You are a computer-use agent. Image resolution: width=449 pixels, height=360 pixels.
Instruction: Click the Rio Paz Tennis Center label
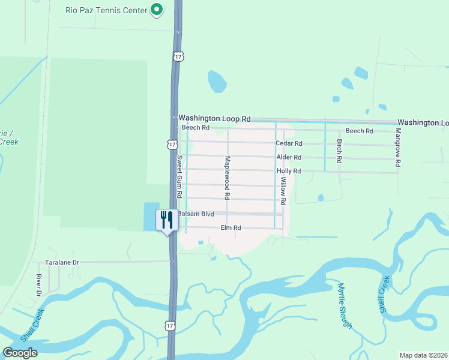(106, 10)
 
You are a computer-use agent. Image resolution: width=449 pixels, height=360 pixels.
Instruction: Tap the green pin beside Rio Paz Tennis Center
(157, 10)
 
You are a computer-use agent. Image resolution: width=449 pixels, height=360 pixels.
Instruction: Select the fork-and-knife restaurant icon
(166, 220)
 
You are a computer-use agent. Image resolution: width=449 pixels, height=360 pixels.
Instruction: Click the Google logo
(20, 353)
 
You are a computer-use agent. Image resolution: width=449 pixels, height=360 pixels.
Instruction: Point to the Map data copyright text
(423, 355)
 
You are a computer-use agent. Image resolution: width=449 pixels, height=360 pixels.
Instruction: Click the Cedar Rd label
(289, 143)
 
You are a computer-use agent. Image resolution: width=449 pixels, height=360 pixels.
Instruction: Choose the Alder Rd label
(289, 157)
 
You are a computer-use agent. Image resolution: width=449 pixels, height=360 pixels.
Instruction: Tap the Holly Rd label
(289, 171)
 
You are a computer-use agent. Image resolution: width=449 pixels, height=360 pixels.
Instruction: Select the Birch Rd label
(339, 152)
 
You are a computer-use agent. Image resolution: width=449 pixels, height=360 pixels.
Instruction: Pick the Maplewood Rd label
(228, 178)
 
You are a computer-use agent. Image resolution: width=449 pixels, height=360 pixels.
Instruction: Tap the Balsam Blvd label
(196, 214)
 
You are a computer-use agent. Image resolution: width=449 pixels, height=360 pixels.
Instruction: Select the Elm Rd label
(231, 228)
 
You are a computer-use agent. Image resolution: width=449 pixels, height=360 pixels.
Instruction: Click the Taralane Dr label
(62, 263)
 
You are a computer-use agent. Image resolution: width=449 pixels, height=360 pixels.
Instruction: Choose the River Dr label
(38, 285)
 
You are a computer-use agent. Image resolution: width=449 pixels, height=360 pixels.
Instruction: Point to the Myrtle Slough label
(344, 305)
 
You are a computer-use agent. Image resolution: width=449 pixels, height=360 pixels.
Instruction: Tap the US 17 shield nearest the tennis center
(178, 56)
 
